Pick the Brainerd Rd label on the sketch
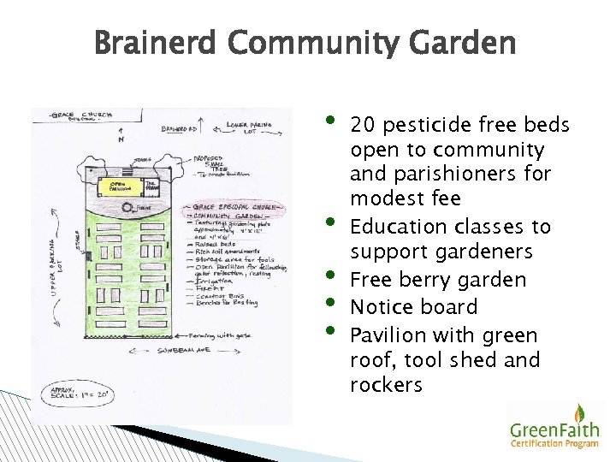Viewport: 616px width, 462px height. pos(179,130)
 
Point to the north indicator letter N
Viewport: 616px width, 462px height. pos(120,139)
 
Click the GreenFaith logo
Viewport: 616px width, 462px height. pos(554,426)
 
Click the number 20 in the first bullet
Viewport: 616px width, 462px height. pos(365,126)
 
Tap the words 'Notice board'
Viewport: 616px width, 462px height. pos(414,306)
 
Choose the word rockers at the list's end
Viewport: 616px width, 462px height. pos(386,385)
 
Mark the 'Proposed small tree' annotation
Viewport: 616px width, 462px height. pos(222,164)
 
